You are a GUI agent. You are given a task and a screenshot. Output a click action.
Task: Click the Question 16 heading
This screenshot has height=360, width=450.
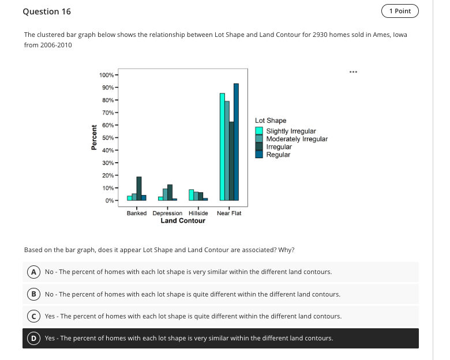point(43,12)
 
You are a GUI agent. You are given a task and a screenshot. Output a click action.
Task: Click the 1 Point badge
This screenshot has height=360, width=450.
point(400,11)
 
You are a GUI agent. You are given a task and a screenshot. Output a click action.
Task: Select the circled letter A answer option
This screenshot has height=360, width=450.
point(34,272)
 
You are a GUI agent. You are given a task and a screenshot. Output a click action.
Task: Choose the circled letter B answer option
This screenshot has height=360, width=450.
point(34,294)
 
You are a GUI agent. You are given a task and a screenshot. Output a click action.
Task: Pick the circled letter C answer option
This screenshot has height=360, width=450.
point(34,316)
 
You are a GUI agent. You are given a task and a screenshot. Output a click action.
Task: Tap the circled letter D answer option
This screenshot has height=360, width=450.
point(34,338)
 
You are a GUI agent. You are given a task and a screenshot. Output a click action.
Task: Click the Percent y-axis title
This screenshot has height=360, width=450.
point(93,138)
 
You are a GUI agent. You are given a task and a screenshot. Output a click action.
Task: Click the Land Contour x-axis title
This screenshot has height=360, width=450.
point(183,221)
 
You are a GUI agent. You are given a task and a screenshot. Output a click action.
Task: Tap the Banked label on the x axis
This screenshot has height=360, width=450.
point(137,213)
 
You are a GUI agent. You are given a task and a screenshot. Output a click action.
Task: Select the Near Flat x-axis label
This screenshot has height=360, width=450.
point(229,213)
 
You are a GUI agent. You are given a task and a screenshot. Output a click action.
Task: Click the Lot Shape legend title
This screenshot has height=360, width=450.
point(271,121)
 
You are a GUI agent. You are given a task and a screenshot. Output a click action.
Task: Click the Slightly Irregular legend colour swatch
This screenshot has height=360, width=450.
point(260,132)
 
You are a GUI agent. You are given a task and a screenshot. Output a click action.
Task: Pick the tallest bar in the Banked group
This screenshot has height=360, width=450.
point(139,189)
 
